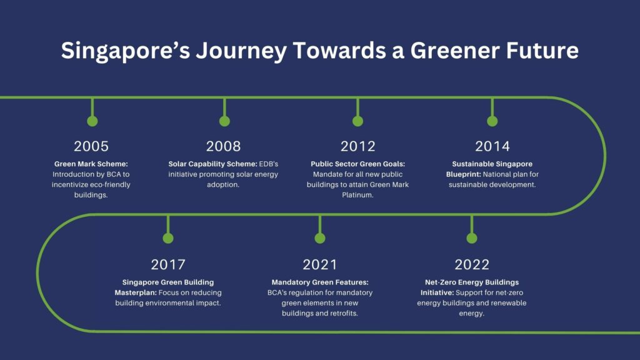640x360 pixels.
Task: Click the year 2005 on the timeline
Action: (91, 146)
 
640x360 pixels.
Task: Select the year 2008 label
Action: (223, 146)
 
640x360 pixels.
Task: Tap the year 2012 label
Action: (358, 146)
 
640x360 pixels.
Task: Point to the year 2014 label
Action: (492, 146)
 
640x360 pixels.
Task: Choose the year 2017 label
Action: (168, 264)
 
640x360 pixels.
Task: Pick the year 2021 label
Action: (320, 264)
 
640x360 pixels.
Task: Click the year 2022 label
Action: (472, 264)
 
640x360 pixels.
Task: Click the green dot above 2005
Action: (92, 121)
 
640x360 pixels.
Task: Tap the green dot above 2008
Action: (224, 121)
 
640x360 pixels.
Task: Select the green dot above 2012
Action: (357, 121)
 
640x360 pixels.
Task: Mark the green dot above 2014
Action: (492, 121)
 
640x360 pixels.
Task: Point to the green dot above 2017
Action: (168, 238)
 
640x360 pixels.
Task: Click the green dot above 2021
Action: (320, 238)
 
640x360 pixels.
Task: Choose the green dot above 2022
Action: (472, 238)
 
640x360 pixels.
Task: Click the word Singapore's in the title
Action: (126, 51)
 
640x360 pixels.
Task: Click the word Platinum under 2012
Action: (357, 195)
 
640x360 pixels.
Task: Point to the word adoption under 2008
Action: (223, 185)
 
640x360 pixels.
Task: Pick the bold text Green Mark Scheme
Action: (91, 164)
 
